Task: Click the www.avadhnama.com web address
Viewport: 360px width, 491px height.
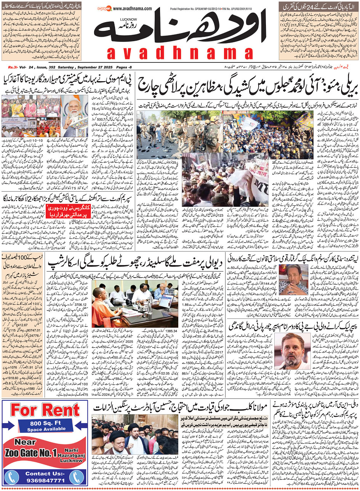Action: pos(132,9)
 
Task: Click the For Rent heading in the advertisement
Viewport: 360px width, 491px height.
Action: pos(45,410)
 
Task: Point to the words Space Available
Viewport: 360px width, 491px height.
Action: pos(45,429)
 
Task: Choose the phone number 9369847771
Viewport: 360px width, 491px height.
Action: pos(45,480)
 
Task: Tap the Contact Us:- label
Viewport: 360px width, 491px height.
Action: pos(45,473)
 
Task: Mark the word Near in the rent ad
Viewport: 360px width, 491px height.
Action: pos(25,442)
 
